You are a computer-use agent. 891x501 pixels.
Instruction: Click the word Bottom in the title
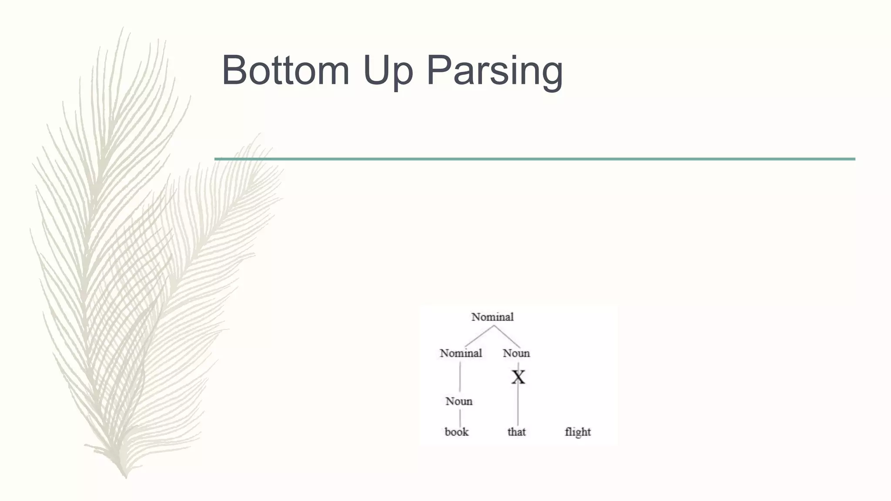point(285,70)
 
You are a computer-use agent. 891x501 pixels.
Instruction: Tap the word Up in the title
point(388,71)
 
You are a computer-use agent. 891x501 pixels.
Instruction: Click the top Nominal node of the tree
point(492,317)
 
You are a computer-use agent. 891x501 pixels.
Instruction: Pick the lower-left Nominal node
point(461,353)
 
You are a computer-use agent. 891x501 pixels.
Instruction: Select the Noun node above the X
point(516,353)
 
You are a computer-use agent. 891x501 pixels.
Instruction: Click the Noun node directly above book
point(459,401)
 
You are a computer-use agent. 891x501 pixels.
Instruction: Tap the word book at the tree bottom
point(456,432)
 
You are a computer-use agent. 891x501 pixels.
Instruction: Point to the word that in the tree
point(516,432)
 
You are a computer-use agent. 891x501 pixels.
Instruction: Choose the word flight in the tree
point(578,432)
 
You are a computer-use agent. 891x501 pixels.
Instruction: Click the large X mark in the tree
point(518,377)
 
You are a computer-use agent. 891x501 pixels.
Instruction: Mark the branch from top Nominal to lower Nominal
point(479,336)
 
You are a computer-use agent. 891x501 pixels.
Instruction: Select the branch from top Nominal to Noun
point(507,336)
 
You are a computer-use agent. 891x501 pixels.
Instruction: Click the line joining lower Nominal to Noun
point(460,376)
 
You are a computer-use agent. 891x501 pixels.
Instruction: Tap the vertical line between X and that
point(518,407)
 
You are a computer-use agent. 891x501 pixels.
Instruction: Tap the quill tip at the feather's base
point(125,476)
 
